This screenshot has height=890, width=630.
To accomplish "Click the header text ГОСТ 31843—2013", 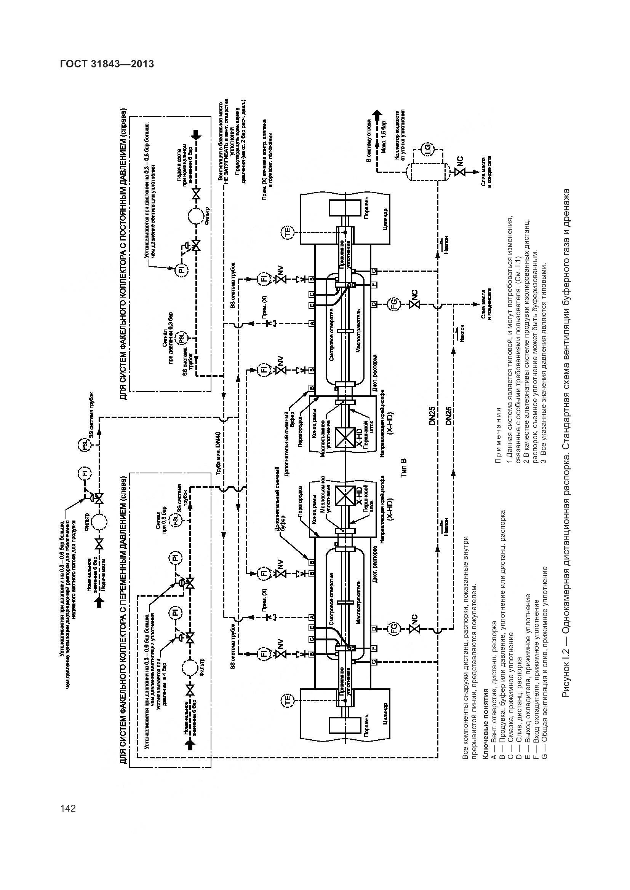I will tap(107, 64).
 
